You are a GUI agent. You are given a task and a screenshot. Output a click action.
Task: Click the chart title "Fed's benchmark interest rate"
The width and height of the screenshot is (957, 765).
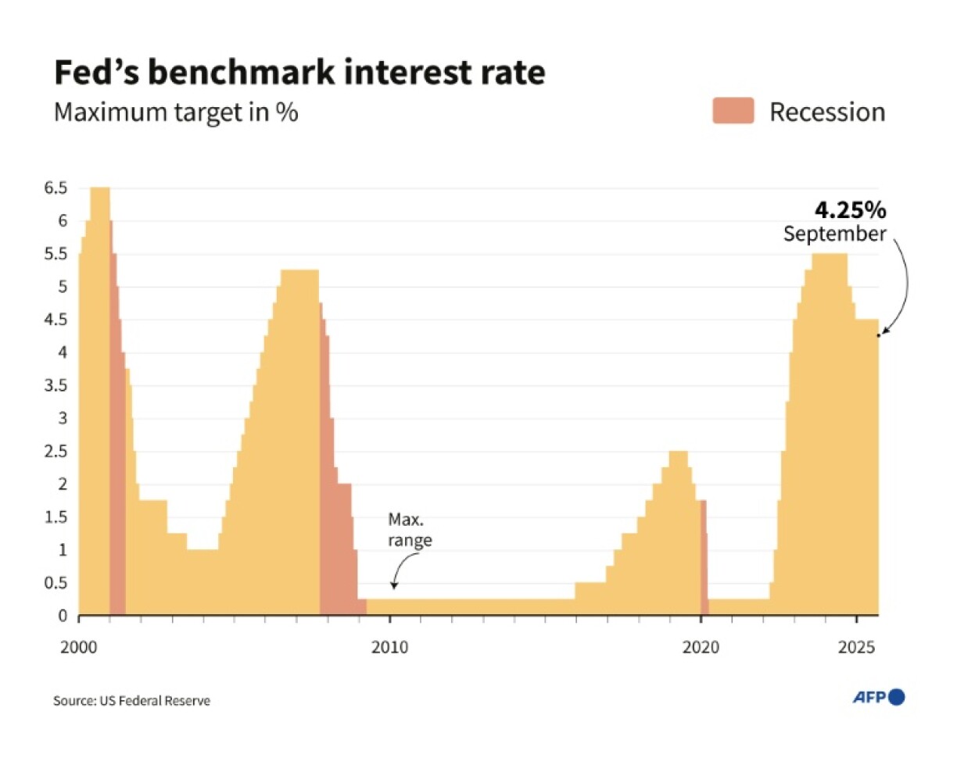pos(299,73)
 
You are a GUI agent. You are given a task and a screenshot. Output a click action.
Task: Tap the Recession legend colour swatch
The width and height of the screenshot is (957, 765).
pos(732,111)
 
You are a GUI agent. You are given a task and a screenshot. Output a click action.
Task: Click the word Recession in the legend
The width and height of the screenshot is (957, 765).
pos(827,112)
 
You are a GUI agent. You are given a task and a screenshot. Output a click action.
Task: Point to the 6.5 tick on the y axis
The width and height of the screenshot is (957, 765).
pos(57,188)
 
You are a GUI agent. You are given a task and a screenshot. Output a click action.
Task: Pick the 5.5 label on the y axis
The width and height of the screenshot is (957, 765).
pos(57,255)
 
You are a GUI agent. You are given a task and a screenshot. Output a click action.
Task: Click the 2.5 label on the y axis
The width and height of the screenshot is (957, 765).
pos(57,452)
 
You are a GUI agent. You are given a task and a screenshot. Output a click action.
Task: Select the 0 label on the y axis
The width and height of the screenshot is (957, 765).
pos(63,617)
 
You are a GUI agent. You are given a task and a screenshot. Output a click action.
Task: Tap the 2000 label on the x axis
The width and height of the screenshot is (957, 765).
pos(79,647)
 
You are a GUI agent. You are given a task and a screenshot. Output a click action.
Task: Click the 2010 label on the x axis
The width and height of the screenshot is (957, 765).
pos(390,647)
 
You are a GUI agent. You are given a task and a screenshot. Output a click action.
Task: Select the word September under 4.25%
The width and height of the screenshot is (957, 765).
pos(835,234)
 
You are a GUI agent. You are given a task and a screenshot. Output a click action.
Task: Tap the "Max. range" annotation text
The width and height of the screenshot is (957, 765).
pos(410,530)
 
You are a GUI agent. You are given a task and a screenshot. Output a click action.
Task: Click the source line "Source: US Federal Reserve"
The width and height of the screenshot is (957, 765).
pos(131,700)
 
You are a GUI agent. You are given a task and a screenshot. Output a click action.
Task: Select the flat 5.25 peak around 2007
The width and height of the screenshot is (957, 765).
pos(299,271)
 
